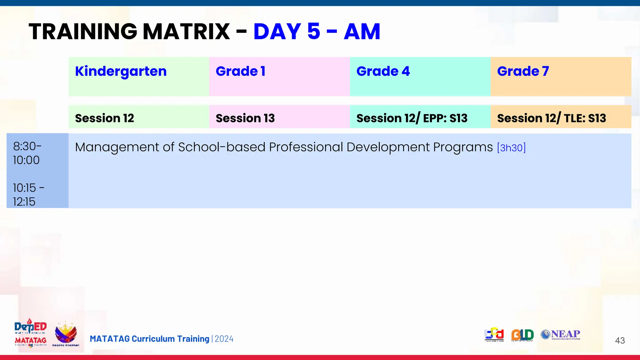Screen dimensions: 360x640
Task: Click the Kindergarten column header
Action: (x=121, y=72)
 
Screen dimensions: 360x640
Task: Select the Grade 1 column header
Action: (x=241, y=72)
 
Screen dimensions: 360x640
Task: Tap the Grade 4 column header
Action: (x=383, y=72)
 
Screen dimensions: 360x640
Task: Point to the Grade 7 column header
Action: (x=523, y=72)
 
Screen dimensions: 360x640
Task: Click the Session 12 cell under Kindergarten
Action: (x=104, y=118)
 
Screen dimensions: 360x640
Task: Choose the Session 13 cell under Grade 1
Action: (x=245, y=118)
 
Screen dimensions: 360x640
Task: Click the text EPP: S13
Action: (x=445, y=118)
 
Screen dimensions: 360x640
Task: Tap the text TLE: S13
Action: (x=585, y=118)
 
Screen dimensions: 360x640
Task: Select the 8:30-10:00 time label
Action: (x=27, y=153)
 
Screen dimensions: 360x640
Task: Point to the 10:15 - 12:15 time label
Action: (x=28, y=195)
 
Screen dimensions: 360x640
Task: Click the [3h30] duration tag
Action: (x=511, y=147)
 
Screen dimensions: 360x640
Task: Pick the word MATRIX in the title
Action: (x=186, y=32)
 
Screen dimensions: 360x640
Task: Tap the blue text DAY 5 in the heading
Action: (x=287, y=32)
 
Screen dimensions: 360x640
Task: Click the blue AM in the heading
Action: (x=362, y=32)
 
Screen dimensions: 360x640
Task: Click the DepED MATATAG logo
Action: (x=30, y=333)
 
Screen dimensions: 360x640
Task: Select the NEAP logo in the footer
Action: (x=561, y=334)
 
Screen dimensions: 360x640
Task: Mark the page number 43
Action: (x=620, y=340)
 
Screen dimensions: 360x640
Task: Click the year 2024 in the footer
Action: (x=224, y=339)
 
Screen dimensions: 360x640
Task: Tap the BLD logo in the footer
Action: (x=522, y=335)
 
